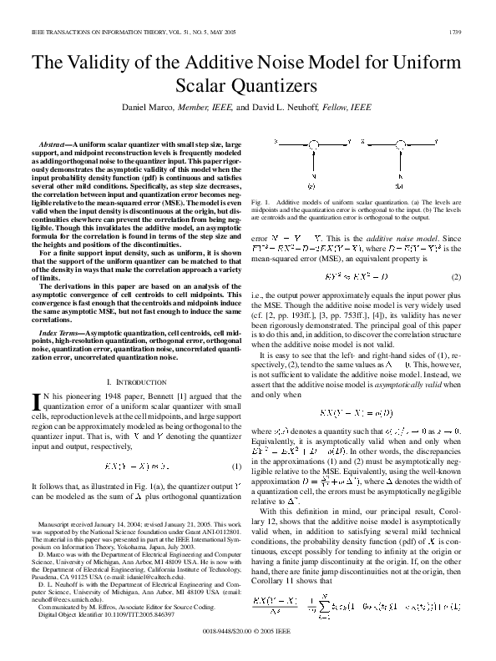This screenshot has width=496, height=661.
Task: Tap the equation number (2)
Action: click(x=456, y=276)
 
